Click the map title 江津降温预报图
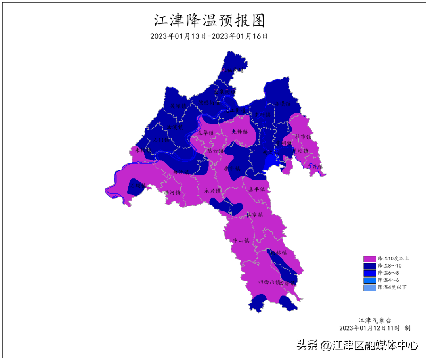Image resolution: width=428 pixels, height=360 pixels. (x=209, y=20)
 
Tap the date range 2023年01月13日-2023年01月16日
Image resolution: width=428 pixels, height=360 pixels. (x=209, y=36)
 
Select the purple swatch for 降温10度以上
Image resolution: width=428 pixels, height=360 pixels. (x=369, y=259)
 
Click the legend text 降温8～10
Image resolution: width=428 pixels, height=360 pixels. (x=390, y=266)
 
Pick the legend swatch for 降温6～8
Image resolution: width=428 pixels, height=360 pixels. (x=369, y=273)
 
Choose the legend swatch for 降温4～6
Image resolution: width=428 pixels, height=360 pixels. (x=369, y=280)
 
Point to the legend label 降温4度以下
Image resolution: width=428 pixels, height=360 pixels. (x=392, y=287)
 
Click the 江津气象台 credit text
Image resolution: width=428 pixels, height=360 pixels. (x=376, y=320)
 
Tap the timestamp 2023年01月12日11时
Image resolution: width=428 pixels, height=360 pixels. (x=370, y=328)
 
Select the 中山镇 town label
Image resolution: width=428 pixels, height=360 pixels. (x=241, y=240)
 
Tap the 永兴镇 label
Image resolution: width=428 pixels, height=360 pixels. (x=212, y=191)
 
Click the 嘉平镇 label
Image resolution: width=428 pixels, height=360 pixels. (x=256, y=190)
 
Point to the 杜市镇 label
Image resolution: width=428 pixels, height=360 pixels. (x=303, y=136)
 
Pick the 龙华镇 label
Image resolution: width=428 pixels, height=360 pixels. (x=206, y=132)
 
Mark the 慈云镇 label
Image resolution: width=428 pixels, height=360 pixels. (x=215, y=151)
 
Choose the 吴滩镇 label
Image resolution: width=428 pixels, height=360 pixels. (x=178, y=106)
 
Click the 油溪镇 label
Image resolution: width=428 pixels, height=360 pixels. (x=174, y=128)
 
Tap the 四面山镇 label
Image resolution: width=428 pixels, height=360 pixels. (x=269, y=282)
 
